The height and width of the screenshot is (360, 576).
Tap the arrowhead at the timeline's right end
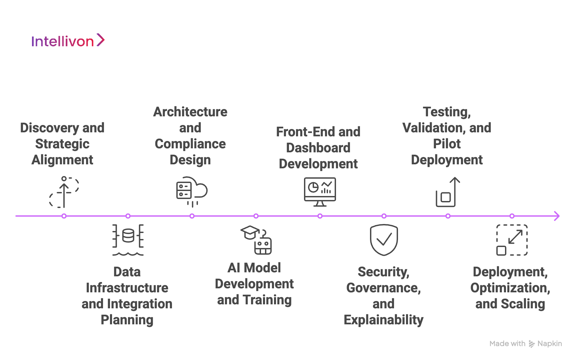(x=557, y=216)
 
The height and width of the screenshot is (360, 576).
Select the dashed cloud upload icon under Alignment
(x=64, y=192)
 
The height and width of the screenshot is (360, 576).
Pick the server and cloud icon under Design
(x=191, y=192)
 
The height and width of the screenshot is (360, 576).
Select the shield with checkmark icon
(x=384, y=240)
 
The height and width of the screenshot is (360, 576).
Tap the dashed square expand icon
(x=512, y=240)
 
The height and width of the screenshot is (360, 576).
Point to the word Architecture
(x=190, y=112)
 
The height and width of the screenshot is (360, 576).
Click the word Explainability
(x=383, y=320)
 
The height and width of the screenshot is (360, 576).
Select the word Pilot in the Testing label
(x=447, y=144)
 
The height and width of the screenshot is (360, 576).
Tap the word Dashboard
(x=318, y=148)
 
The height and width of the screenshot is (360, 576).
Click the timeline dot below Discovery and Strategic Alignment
(x=64, y=216)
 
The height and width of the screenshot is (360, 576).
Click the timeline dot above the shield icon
(x=384, y=216)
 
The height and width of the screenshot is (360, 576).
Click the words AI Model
(x=254, y=268)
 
